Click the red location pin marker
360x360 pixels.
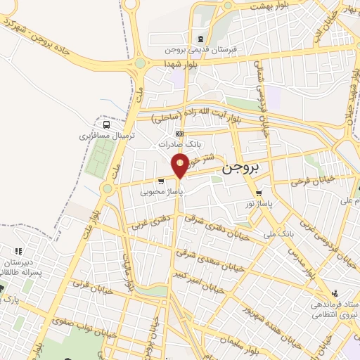(180, 165)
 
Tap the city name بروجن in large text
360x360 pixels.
(241, 169)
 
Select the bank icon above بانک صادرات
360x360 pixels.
(180, 134)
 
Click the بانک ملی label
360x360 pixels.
(276, 232)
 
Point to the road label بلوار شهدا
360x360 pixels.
(179, 64)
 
